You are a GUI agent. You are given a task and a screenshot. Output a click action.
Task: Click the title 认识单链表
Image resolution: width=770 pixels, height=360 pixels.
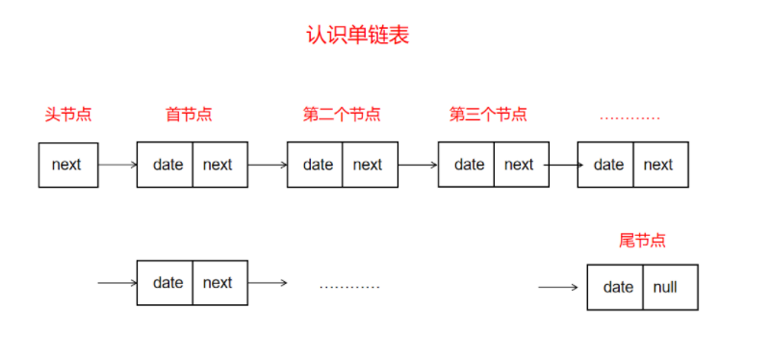358,37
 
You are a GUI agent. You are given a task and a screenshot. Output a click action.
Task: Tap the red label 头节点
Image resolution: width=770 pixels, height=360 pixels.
67,115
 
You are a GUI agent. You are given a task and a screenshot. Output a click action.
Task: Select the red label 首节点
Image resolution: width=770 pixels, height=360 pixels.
189,115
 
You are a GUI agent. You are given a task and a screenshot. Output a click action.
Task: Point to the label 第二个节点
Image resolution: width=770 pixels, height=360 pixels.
342,115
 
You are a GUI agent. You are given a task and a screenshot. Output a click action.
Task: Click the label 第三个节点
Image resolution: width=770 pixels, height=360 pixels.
488,115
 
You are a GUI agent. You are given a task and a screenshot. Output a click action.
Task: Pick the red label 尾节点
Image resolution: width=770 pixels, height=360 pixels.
642,241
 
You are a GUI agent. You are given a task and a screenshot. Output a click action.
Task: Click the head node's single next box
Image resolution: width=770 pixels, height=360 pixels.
67,165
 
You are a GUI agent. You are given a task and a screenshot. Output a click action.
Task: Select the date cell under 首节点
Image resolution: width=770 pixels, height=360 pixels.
166,165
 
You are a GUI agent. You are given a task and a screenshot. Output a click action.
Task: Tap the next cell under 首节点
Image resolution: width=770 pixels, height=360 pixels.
218,165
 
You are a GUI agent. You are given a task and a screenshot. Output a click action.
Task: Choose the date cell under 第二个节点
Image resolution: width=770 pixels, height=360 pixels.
316,165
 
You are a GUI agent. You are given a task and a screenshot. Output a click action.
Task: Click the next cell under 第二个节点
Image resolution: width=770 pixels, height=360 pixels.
370,165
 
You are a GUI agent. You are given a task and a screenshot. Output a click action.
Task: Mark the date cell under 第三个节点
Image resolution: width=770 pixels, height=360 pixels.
467,165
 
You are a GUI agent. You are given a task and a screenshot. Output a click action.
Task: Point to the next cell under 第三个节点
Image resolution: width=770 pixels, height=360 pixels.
521,165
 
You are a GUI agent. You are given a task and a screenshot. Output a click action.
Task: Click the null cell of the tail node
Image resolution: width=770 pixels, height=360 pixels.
669,287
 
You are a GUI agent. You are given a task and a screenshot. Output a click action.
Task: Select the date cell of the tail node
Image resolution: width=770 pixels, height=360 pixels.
616,287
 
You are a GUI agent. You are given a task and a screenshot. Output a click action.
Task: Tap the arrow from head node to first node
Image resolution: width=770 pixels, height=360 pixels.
117,165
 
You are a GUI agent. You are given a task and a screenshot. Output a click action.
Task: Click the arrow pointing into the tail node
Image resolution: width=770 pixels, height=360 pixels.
558,287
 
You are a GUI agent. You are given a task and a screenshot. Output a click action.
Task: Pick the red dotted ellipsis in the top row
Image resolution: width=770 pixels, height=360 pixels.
629,118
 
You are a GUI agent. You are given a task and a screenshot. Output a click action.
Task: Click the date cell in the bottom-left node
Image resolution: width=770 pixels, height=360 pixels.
166,283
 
